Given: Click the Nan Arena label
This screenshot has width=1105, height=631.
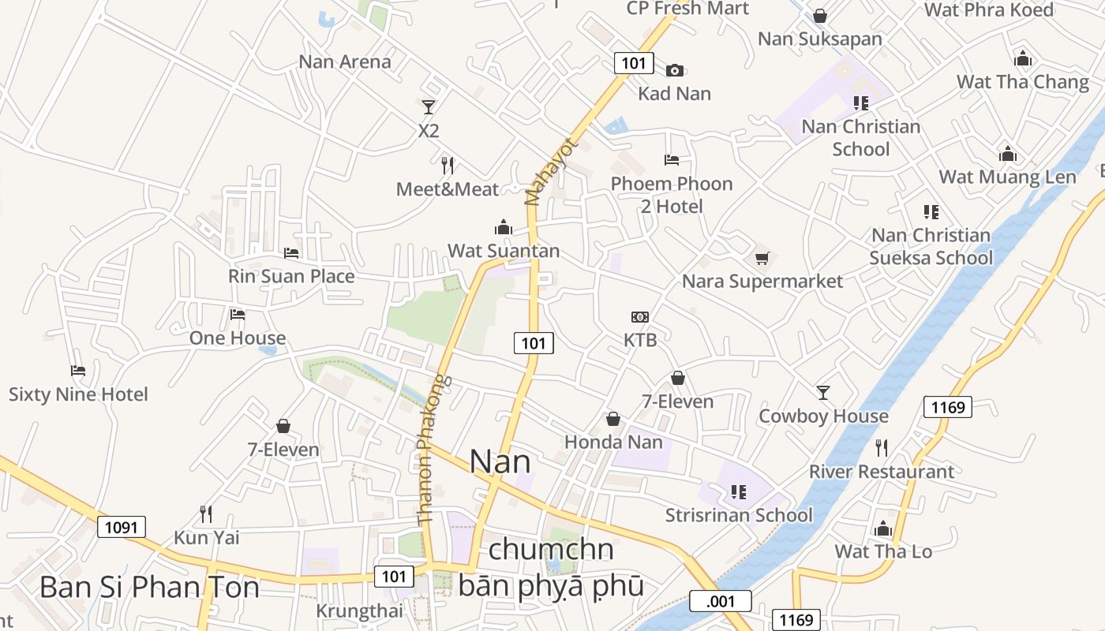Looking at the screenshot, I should point(345,62).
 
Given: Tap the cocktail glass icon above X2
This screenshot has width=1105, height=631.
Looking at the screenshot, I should point(429,106).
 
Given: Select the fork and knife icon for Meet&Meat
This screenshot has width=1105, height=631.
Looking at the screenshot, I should point(448,165).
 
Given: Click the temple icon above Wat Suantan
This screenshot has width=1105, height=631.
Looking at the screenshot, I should point(504,227).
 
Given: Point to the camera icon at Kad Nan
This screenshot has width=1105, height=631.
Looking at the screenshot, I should point(674,70).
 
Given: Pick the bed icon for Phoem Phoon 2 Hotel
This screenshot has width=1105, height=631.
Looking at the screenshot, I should point(672,160).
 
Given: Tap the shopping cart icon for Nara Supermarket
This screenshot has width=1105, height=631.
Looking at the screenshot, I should point(762,258).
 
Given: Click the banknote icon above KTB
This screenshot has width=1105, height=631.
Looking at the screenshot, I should point(640,317).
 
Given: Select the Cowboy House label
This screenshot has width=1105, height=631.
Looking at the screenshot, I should point(823,416).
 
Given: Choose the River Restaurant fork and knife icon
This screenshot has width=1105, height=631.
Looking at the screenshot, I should point(882,448).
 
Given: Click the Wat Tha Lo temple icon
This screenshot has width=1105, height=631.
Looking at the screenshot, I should point(883,528).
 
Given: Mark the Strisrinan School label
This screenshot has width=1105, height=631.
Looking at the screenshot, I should point(739,515).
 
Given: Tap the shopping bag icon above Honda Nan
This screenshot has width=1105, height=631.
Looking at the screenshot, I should point(613,419).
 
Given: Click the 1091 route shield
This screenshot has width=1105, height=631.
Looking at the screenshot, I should point(122,527).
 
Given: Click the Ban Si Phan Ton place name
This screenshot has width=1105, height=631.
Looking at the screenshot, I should point(149,587).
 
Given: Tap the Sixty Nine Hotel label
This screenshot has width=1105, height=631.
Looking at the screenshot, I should point(78,394).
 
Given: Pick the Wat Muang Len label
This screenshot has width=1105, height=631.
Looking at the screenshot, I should point(1008,177).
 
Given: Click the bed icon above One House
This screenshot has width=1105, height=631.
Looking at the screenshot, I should point(238,315).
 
